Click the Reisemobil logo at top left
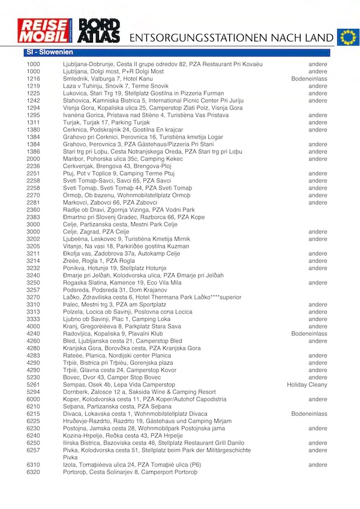point(46,31)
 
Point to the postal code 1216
point(34,79)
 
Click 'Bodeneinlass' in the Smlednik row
point(309,79)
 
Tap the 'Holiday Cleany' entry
point(307,384)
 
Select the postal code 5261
point(34,384)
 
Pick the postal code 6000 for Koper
point(34,399)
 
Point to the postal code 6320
point(34,472)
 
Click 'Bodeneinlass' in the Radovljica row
point(309,334)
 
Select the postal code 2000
point(34,159)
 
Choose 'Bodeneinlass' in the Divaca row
point(309,414)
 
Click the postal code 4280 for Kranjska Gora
point(34,348)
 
